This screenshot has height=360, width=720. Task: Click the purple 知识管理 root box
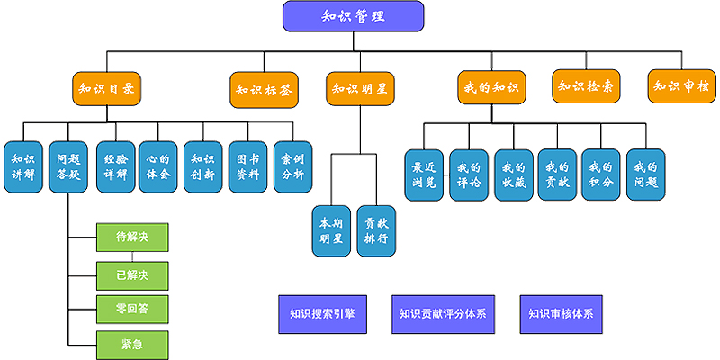pyautogui.click(x=354, y=16)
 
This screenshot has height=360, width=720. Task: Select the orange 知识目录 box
pyautogui.click(x=108, y=88)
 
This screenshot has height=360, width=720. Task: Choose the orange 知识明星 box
pyautogui.click(x=360, y=88)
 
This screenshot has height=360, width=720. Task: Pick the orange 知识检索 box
pyautogui.click(x=586, y=86)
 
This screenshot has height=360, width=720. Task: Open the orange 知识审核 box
pyautogui.click(x=681, y=86)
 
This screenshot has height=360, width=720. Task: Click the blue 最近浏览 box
pyautogui.click(x=425, y=175)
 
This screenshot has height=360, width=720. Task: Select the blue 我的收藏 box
pyautogui.click(x=513, y=175)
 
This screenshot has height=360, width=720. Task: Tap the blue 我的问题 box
pyautogui.click(x=646, y=175)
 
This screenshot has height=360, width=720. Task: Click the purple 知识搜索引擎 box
pyautogui.click(x=322, y=314)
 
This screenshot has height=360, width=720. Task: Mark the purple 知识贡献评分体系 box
pyautogui.click(x=443, y=314)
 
